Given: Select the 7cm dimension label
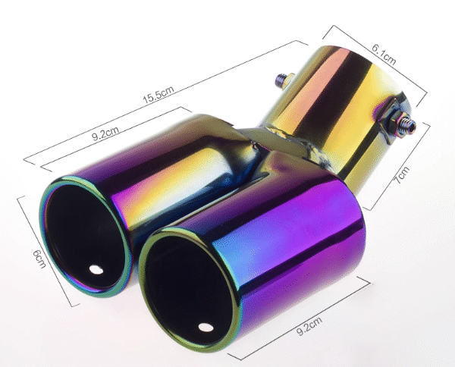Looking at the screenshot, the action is pos(402,175).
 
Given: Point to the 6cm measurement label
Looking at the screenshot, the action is pos(39,259).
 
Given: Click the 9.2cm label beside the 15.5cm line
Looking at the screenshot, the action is pos(105,133).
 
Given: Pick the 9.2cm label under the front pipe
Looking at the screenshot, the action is pos(309,326).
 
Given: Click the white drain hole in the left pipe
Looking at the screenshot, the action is pos(96,269).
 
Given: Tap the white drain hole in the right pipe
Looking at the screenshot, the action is pos(206,328).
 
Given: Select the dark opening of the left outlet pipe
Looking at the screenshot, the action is pos(84,236).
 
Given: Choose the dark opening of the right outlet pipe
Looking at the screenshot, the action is pos(189,290).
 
